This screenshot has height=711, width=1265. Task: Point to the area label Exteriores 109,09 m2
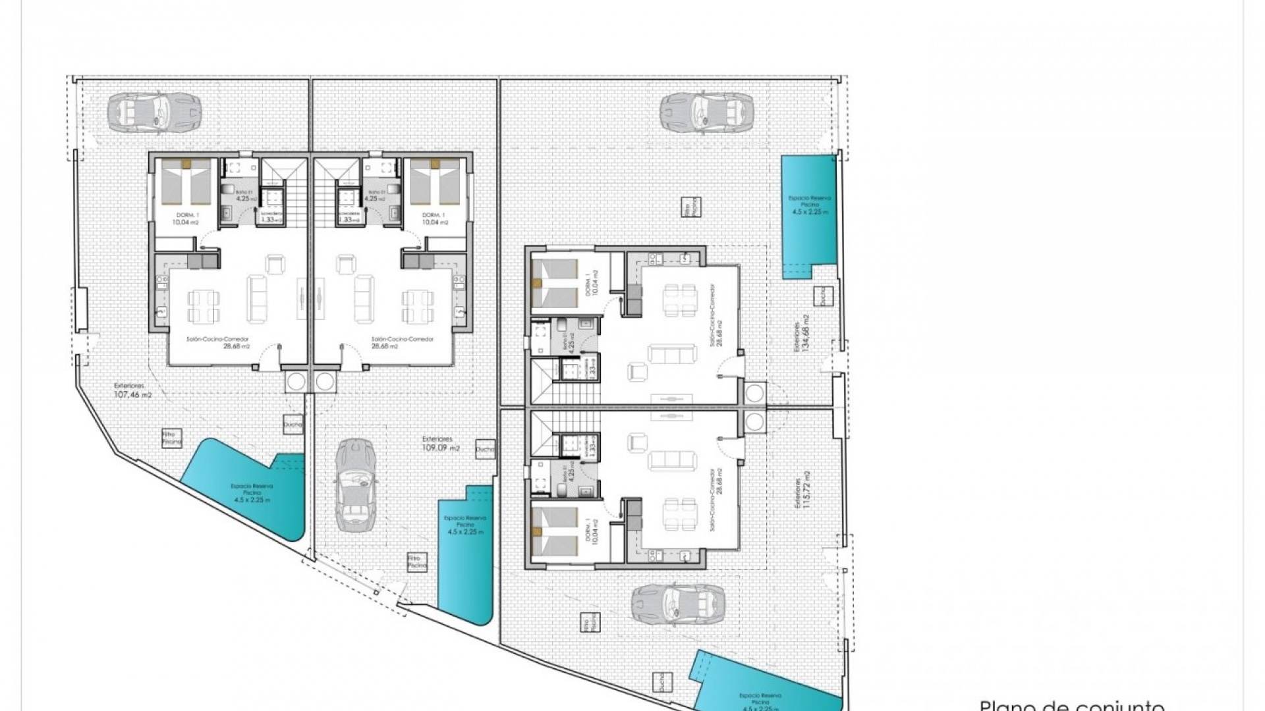point(441,443)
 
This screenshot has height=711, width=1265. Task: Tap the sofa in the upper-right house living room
point(671,354)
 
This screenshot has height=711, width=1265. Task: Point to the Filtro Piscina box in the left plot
point(171,438)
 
